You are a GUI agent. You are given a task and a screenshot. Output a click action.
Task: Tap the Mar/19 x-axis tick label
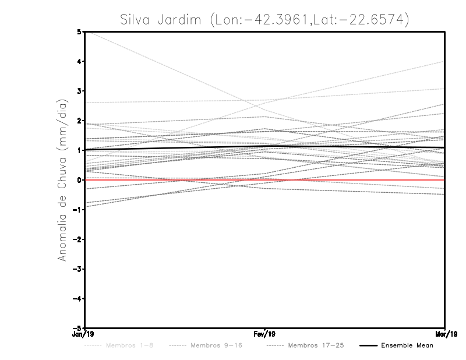pyautogui.click(x=445, y=334)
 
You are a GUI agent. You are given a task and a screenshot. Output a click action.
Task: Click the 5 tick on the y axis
pyautogui.click(x=79, y=31)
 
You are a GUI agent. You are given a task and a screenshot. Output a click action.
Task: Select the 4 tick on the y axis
pyautogui.click(x=79, y=61)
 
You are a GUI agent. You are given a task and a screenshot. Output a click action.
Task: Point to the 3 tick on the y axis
pyautogui.click(x=79, y=91)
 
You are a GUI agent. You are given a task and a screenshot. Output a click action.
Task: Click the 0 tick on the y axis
pyautogui.click(x=79, y=180)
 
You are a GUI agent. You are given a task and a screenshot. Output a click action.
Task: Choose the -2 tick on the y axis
pyautogui.click(x=77, y=239)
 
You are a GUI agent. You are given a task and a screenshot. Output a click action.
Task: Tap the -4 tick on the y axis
pyautogui.click(x=77, y=298)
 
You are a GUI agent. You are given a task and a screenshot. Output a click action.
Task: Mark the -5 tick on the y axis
pyautogui.click(x=77, y=328)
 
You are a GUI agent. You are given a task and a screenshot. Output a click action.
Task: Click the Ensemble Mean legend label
pyautogui.click(x=407, y=345)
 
